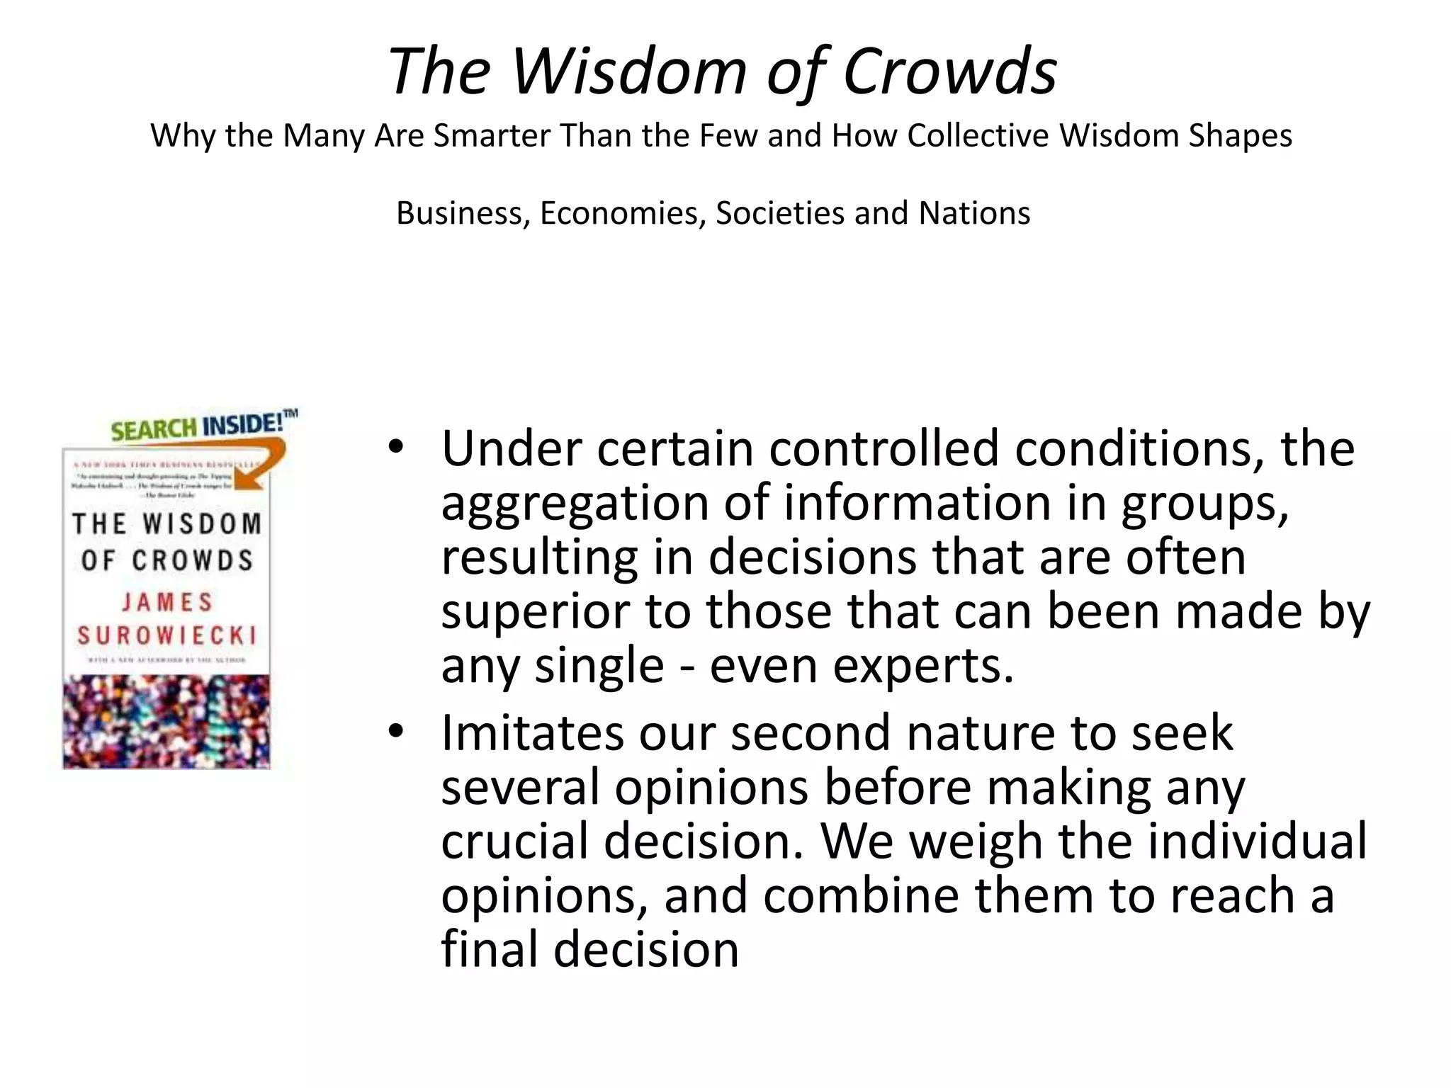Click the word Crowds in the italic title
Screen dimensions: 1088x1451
(x=949, y=71)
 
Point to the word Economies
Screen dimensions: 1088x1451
(x=623, y=213)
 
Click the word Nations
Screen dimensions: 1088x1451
(x=974, y=213)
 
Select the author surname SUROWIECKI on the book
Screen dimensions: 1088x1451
(x=166, y=635)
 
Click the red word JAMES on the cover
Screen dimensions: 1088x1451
(x=166, y=602)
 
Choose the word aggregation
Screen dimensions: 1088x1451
(x=574, y=503)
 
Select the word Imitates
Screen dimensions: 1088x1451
(x=531, y=732)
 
